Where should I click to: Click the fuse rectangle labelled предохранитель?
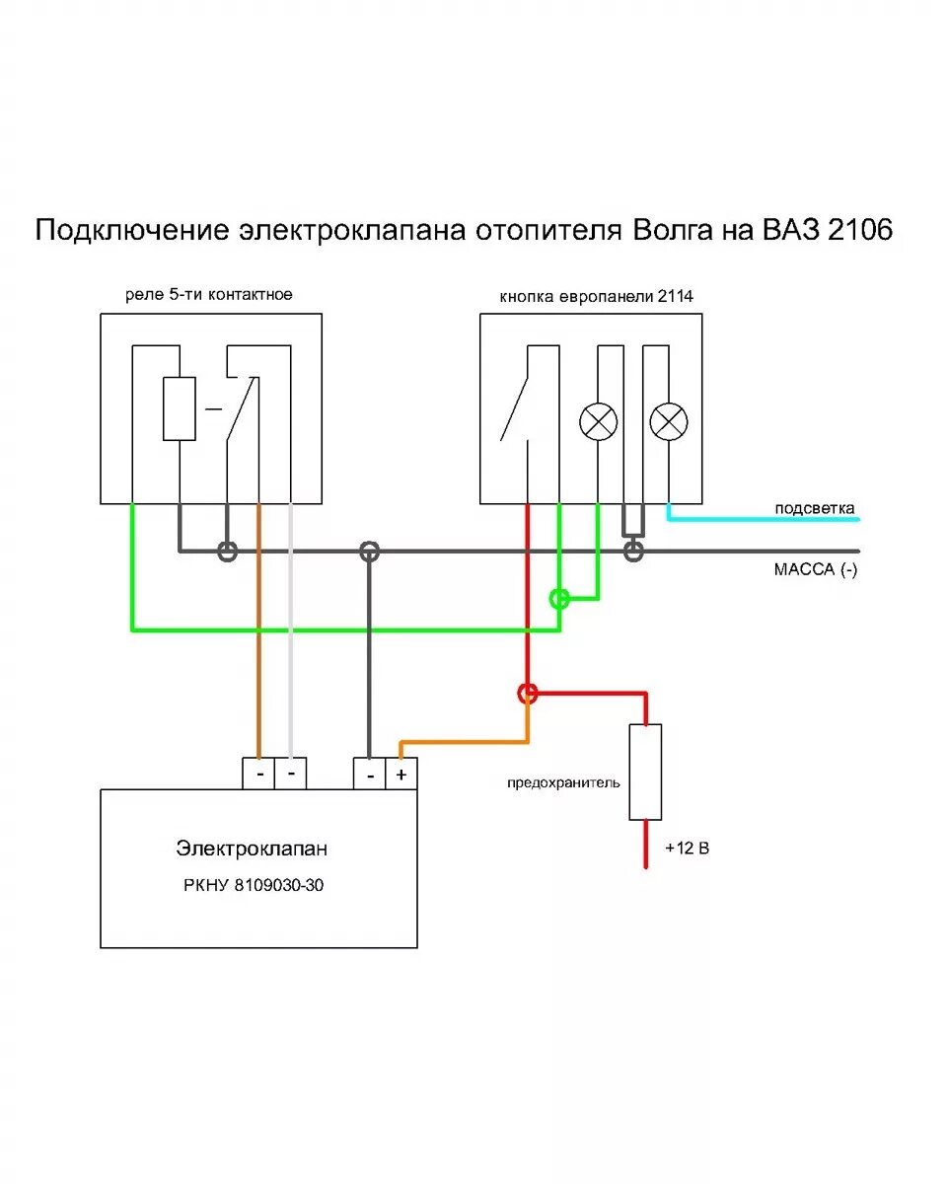pyautogui.click(x=645, y=772)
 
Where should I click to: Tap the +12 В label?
pyautogui.click(x=688, y=848)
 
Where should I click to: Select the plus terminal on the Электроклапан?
pyautogui.click(x=401, y=775)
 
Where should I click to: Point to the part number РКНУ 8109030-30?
pyautogui.click(x=254, y=885)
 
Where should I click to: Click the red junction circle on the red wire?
pyautogui.click(x=528, y=694)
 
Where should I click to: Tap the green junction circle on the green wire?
pyautogui.click(x=559, y=598)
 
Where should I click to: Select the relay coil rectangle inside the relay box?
pyautogui.click(x=179, y=408)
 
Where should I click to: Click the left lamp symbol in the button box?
pyautogui.click(x=598, y=422)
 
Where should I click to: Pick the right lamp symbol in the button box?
pyautogui.click(x=669, y=422)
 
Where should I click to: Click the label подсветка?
pyautogui.click(x=815, y=509)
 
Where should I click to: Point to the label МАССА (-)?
pyautogui.click(x=815, y=570)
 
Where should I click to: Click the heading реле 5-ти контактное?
pyautogui.click(x=209, y=294)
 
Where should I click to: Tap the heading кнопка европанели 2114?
pyautogui.click(x=590, y=296)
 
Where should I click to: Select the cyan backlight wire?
pyautogui.click(x=769, y=519)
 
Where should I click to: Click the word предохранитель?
pyautogui.click(x=564, y=782)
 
